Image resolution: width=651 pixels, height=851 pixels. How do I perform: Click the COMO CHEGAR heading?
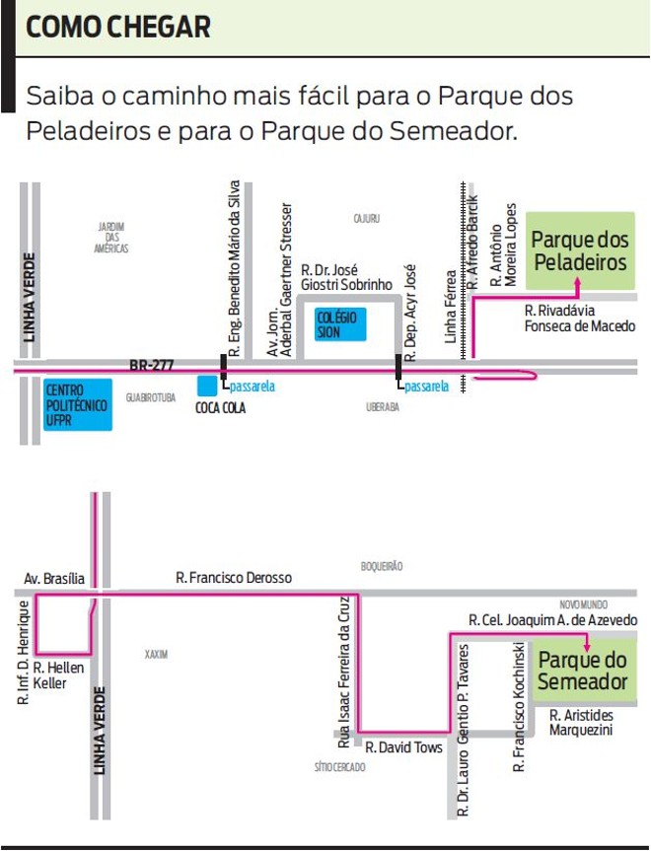coord(117,28)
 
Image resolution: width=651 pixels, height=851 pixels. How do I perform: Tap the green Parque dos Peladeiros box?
coord(579,251)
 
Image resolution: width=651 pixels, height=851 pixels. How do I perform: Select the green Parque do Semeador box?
coord(582,671)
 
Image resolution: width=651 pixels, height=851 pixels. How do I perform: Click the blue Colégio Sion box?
coord(340,324)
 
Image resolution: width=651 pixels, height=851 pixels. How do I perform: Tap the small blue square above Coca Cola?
coord(206,386)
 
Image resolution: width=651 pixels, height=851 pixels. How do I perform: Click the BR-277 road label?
coord(151,365)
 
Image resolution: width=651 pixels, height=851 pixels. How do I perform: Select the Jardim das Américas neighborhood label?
coord(110,238)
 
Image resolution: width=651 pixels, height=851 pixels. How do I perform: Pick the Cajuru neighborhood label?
coord(366,218)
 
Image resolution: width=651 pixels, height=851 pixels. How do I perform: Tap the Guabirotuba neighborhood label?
coord(150,398)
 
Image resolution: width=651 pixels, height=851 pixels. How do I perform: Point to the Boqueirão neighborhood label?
coord(382,567)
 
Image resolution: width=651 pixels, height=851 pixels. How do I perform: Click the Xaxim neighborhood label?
coord(156,654)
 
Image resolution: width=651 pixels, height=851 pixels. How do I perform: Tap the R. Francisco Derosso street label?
coord(234,578)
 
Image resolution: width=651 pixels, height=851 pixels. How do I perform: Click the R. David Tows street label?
coord(403,747)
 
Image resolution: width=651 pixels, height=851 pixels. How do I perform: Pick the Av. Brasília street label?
coord(54,579)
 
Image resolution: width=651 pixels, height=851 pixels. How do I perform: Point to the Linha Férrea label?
coord(452,307)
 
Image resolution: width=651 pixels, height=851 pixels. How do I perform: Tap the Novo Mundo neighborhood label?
coord(583,603)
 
